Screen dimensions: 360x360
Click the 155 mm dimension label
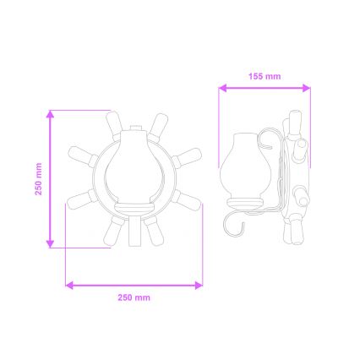[265, 76]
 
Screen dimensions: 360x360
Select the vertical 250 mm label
[38, 179]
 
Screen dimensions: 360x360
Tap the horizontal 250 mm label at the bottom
[134, 297]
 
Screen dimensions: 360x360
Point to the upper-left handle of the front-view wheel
[115, 125]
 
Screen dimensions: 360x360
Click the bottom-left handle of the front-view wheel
[112, 228]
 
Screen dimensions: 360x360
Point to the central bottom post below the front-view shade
[134, 230]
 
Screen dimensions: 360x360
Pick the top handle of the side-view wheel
[295, 124]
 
